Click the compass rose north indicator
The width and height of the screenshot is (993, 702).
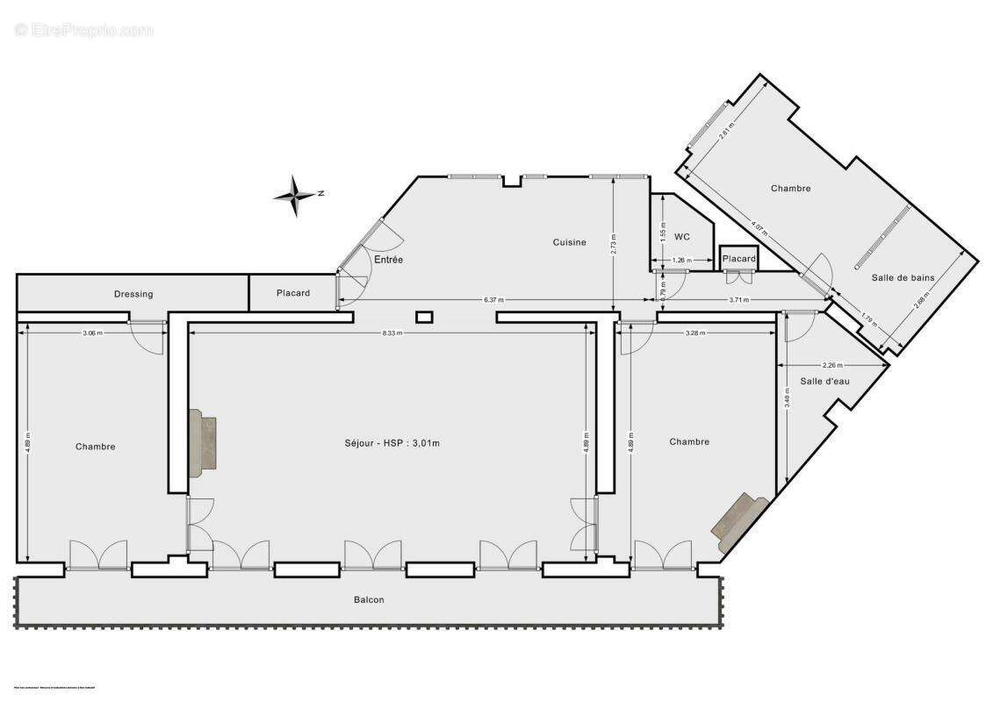(x=297, y=195)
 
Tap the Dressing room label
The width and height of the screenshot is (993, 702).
(x=133, y=294)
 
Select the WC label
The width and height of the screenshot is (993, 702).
(x=682, y=237)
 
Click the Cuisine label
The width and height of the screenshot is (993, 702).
(x=569, y=242)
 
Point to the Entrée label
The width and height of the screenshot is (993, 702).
(x=389, y=260)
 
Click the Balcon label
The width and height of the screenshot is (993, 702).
(x=369, y=600)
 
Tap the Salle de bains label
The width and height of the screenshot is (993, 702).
(x=903, y=278)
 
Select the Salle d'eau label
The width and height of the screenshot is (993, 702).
(x=824, y=381)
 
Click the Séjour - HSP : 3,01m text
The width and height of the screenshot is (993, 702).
(x=392, y=443)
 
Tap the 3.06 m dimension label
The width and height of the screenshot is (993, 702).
(x=92, y=333)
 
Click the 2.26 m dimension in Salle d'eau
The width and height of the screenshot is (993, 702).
(x=831, y=365)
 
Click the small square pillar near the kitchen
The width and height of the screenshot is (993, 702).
(x=425, y=316)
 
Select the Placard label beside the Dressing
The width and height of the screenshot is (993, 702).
(x=292, y=293)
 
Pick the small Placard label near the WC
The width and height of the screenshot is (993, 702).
(x=738, y=259)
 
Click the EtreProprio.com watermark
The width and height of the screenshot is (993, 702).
(x=84, y=31)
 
